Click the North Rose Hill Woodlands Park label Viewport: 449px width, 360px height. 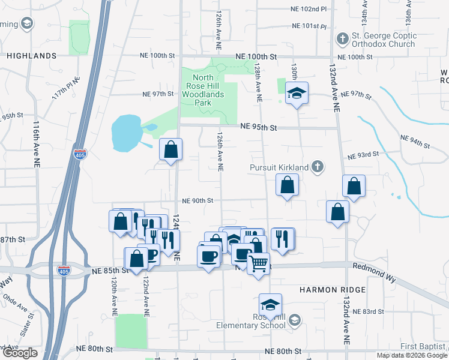pyautogui.click(x=203, y=90)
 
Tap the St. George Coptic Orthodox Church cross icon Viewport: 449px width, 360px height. pyautogui.click(x=342, y=39)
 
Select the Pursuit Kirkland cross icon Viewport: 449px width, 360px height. pyautogui.click(x=318, y=166)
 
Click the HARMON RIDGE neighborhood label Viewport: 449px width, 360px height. pyautogui.click(x=333, y=290)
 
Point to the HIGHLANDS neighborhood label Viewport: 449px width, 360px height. pyautogui.click(x=32, y=56)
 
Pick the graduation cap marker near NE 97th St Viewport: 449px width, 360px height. pyautogui.click(x=296, y=94)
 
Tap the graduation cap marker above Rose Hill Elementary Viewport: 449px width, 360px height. pyautogui.click(x=271, y=305)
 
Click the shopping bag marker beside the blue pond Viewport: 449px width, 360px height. pyautogui.click(x=171, y=150)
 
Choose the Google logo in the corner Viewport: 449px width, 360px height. pyautogui.click(x=19, y=353)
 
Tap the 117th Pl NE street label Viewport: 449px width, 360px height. pyautogui.click(x=65, y=88)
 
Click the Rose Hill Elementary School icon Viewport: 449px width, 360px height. pyautogui.click(x=294, y=321)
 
